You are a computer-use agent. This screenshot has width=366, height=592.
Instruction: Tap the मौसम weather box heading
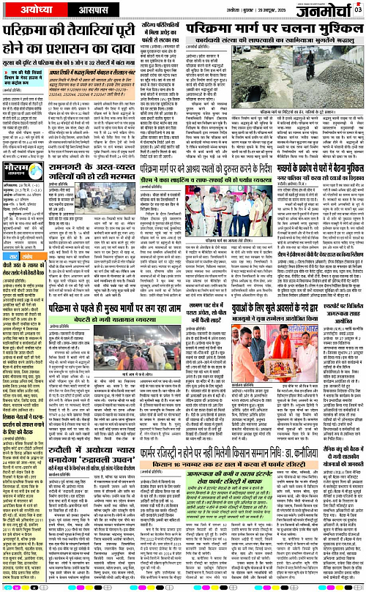point(18,179)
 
